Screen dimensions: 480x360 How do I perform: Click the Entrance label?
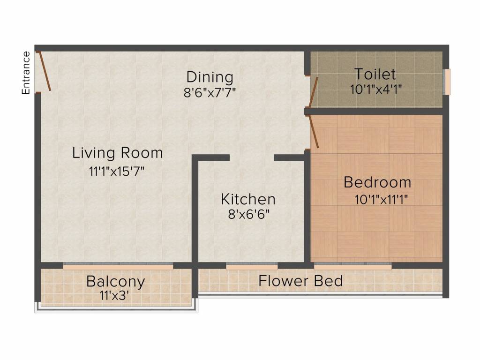pyautogui.click(x=26, y=73)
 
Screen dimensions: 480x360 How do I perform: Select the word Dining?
pyautogui.click(x=210, y=77)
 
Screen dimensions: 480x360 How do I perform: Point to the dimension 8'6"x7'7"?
pyautogui.click(x=210, y=92)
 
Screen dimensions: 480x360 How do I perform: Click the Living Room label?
pyautogui.click(x=118, y=153)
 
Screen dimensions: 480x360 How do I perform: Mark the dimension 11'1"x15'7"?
pyautogui.click(x=116, y=172)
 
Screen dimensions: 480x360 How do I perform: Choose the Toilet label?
pyautogui.click(x=375, y=74)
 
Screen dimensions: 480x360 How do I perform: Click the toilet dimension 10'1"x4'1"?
pyautogui.click(x=376, y=90)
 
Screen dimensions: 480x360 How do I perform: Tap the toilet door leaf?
pyautogui.click(x=314, y=92)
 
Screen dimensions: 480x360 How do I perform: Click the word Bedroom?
pyautogui.click(x=377, y=182)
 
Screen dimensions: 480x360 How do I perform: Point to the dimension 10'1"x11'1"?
pyautogui.click(x=381, y=200)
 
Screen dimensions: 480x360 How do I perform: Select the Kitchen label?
pyautogui.click(x=248, y=199)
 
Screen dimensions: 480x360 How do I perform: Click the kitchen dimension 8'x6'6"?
pyautogui.click(x=248, y=215)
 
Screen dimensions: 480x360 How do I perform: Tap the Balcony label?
pyautogui.click(x=115, y=282)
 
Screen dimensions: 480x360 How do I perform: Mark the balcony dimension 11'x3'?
pyautogui.click(x=114, y=296)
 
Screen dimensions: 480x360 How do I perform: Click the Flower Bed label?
pyautogui.click(x=300, y=281)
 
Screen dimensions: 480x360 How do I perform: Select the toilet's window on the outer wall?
pyautogui.click(x=447, y=82)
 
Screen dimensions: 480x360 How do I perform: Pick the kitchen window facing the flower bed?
pyautogui.click(x=252, y=266)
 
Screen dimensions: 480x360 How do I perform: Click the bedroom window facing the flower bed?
pyautogui.click(x=353, y=266)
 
